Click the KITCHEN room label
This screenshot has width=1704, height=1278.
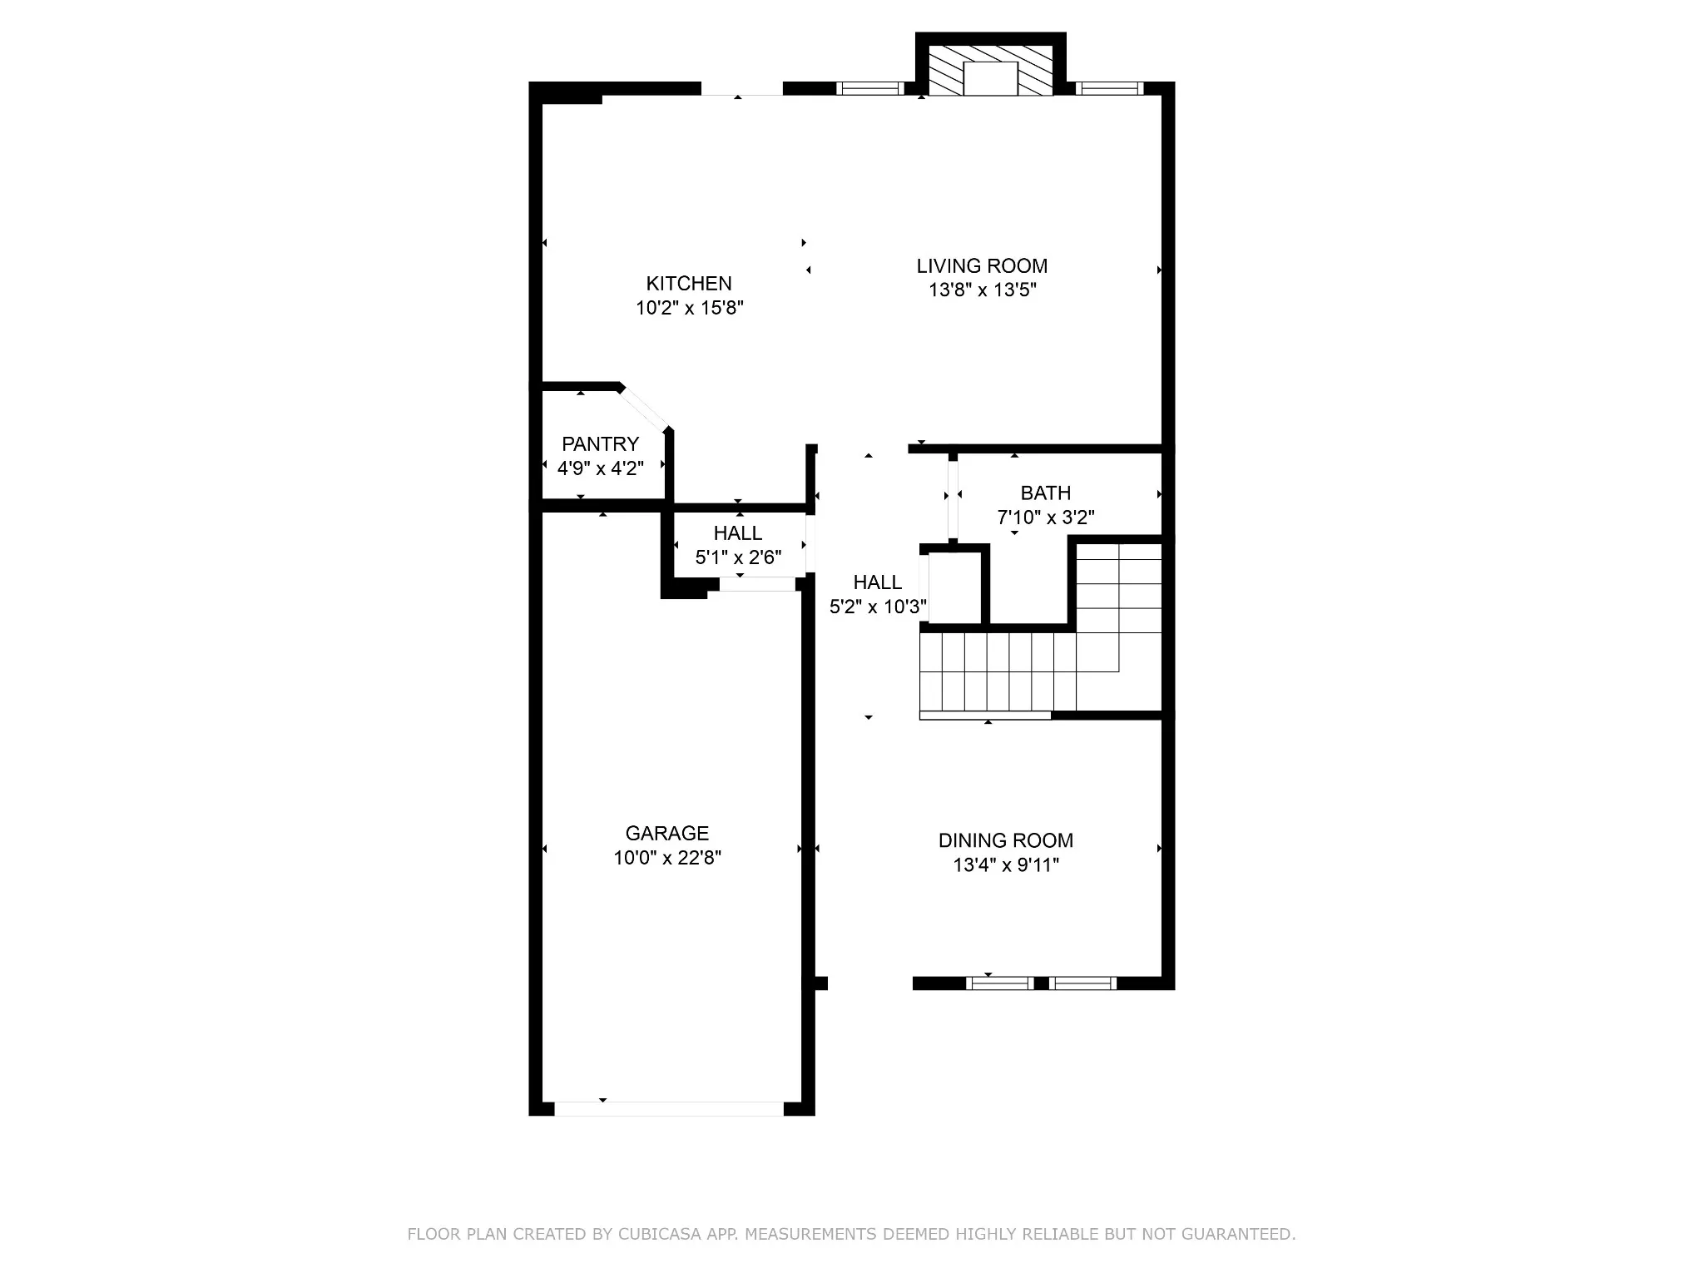point(689,283)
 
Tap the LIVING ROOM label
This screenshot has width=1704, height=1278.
point(982,266)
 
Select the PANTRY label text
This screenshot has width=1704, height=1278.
point(600,443)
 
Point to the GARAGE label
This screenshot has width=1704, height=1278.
point(667,833)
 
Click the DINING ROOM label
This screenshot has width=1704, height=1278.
point(1006,840)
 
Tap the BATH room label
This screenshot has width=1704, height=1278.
point(1046,493)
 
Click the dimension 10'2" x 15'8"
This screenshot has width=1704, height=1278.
point(689,308)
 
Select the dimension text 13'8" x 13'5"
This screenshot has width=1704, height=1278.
point(982,290)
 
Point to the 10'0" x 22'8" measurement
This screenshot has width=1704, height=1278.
point(667,858)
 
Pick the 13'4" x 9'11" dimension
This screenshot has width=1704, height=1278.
point(1006,865)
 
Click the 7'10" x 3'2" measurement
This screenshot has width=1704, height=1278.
point(1046,518)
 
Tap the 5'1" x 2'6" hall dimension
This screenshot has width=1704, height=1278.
point(738,557)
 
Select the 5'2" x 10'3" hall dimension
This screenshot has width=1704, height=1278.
point(878,607)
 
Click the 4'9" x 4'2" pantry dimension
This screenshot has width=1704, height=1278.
point(600,468)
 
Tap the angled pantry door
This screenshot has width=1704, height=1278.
point(646,409)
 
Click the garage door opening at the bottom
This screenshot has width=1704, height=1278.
point(669,1108)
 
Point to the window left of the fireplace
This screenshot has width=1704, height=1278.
point(869,88)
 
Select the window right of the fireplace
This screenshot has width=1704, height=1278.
point(1109,88)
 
